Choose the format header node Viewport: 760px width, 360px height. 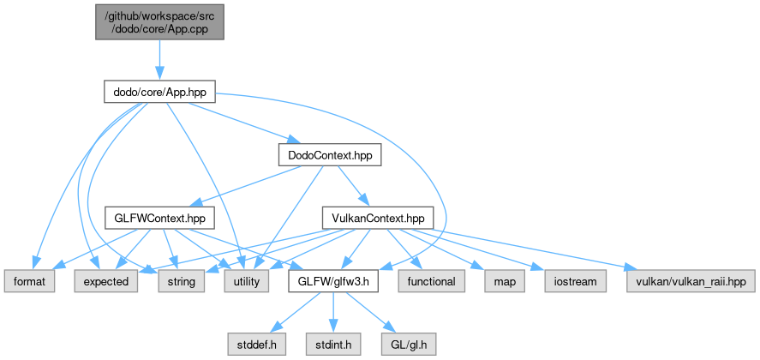(31, 280)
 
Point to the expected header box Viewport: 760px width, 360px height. (106, 280)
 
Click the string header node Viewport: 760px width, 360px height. (180, 280)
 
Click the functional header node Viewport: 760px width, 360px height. (430, 280)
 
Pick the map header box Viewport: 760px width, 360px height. (500, 280)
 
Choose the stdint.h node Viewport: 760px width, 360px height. (332, 344)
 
